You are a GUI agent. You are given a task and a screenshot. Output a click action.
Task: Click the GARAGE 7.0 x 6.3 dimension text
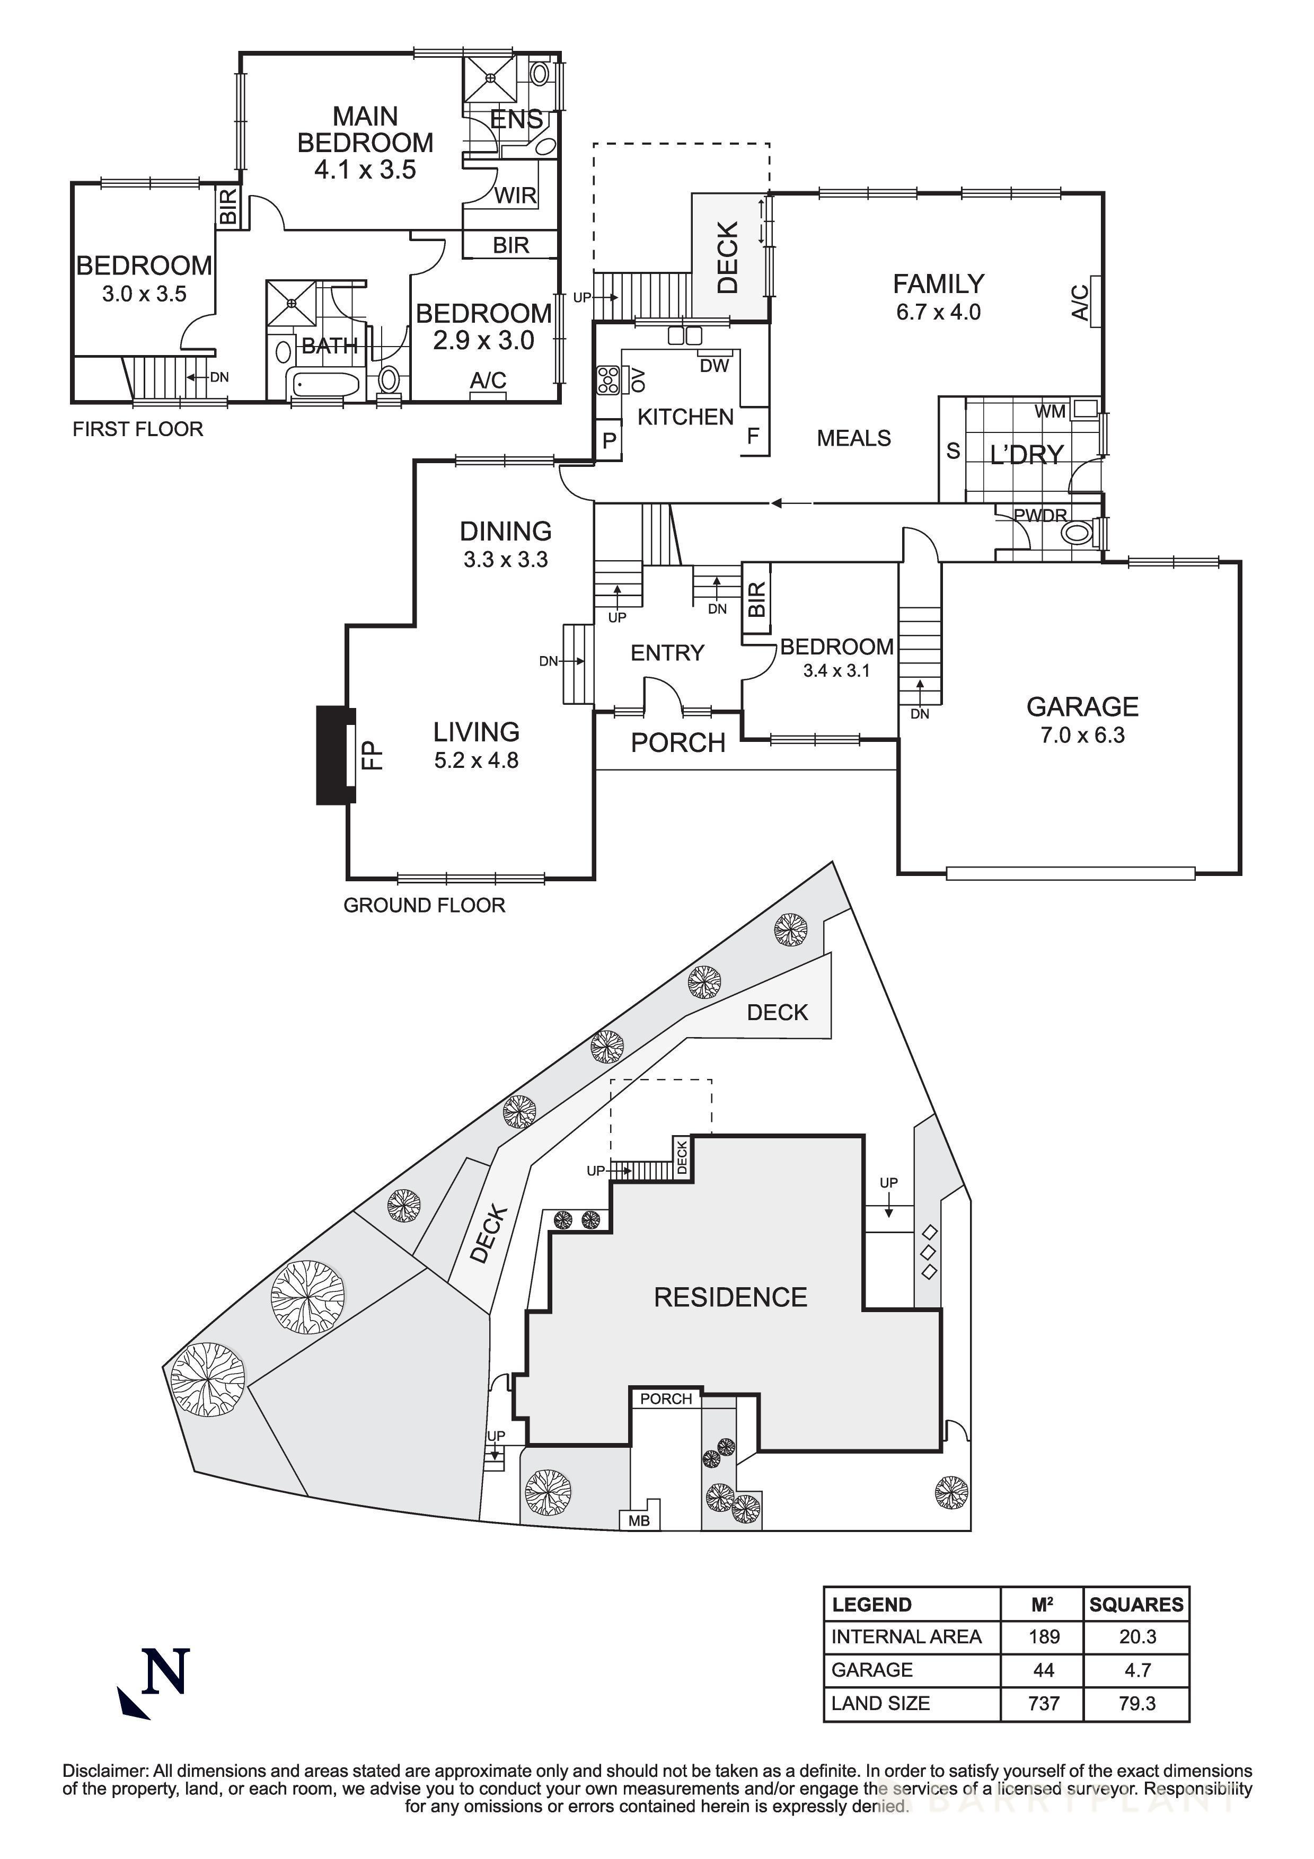pos(1082,735)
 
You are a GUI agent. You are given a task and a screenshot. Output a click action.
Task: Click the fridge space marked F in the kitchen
pos(753,437)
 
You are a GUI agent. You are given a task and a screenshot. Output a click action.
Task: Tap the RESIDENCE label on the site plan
pos(730,1297)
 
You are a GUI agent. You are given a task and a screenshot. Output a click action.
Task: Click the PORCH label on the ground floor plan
pos(677,742)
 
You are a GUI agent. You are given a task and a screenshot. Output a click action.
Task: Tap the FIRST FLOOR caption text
pos(138,429)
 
